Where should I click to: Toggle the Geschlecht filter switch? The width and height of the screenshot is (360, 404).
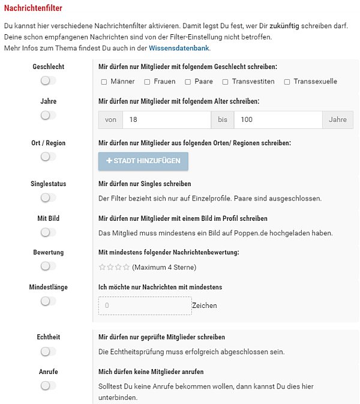tap(48, 80)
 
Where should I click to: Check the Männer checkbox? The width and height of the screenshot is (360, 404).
tap(104, 82)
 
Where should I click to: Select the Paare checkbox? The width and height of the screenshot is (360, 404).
tap(188, 82)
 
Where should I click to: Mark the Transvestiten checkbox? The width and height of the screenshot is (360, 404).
tap(226, 82)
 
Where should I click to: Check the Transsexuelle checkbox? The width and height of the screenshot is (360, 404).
tap(287, 82)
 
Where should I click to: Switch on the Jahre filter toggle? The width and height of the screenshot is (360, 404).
tap(48, 115)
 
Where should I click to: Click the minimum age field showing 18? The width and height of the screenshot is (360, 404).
tap(166, 120)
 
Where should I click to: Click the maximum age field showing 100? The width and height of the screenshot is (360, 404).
tap(278, 120)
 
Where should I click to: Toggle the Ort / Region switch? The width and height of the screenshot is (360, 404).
tap(48, 157)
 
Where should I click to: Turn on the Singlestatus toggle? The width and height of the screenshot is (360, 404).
tap(48, 197)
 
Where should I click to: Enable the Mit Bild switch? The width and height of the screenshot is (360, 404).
tap(48, 232)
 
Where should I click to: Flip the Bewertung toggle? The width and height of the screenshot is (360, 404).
tap(48, 266)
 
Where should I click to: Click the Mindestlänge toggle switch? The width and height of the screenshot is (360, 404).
tap(48, 301)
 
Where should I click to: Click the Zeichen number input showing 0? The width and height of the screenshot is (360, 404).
tap(145, 306)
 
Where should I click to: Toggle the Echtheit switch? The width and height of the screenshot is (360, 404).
tap(48, 351)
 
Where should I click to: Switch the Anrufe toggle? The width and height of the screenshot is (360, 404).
tap(48, 385)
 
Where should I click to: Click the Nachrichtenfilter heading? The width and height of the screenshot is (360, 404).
tap(33, 8)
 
